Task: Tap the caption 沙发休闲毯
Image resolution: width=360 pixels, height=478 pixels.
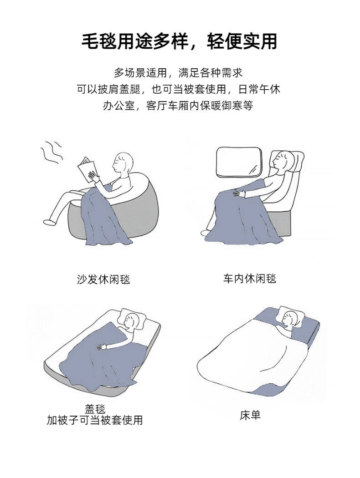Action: [x=103, y=279]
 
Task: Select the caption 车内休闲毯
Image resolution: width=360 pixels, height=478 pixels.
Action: [x=250, y=279]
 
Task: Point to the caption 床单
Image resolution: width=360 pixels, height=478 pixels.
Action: [x=250, y=415]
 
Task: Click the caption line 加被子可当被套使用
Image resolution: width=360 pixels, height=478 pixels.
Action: [x=95, y=420]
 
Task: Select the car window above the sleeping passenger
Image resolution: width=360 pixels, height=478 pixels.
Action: [x=239, y=162]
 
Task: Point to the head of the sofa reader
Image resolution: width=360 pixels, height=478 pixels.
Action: [x=122, y=163]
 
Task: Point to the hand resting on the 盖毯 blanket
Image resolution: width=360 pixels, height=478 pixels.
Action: [x=102, y=346]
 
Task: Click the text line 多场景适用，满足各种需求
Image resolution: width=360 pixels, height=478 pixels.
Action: [x=178, y=73]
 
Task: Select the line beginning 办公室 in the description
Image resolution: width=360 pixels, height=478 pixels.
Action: [x=178, y=106]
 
